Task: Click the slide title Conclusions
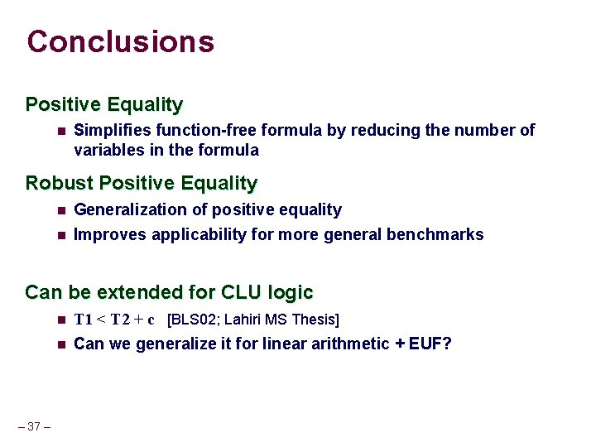[121, 41]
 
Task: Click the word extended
[142, 292]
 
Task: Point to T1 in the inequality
[84, 320]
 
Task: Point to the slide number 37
[34, 426]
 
